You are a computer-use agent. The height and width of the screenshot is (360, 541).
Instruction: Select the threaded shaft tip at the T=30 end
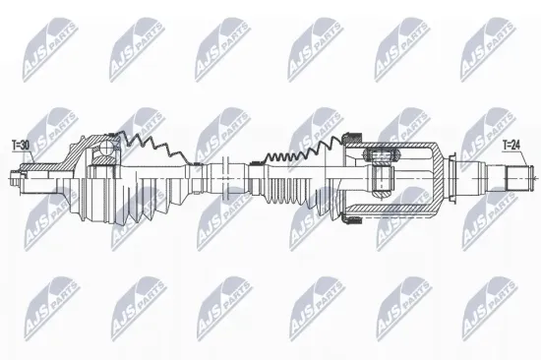click(x=15, y=180)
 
